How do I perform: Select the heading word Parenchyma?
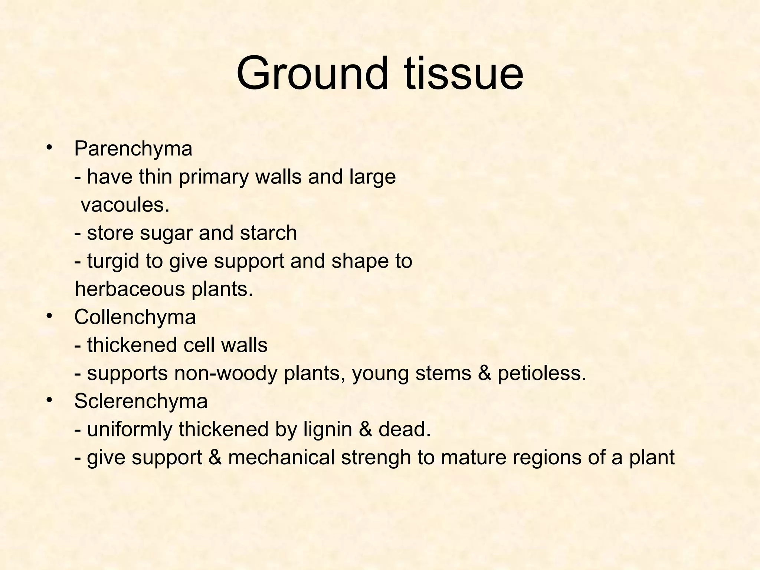click(x=133, y=149)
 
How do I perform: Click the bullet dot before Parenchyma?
click(x=48, y=148)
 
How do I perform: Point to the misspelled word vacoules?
click(x=125, y=205)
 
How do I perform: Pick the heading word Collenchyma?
click(x=135, y=318)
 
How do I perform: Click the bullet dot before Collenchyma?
click(x=48, y=317)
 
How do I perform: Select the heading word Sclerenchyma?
click(x=141, y=402)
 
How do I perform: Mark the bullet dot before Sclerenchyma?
click(x=48, y=400)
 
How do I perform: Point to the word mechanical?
click(x=282, y=458)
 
